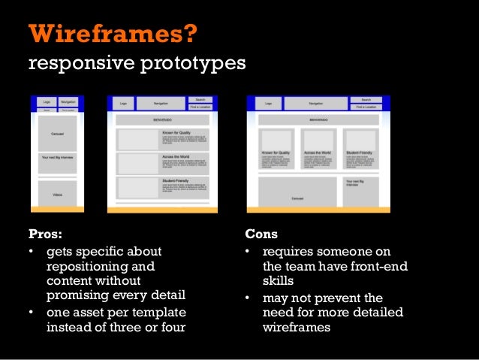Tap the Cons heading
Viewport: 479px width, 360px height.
click(262, 234)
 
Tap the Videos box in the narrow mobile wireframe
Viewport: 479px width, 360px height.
click(57, 194)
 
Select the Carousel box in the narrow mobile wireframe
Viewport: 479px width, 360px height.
click(57, 133)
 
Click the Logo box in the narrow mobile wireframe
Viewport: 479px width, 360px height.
click(46, 101)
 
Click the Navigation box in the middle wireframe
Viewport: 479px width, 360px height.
click(161, 104)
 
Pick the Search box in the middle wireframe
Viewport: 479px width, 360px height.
click(200, 99)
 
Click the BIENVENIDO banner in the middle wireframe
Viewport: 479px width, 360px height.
click(161, 119)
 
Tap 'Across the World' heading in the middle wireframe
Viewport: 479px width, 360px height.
click(176, 156)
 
